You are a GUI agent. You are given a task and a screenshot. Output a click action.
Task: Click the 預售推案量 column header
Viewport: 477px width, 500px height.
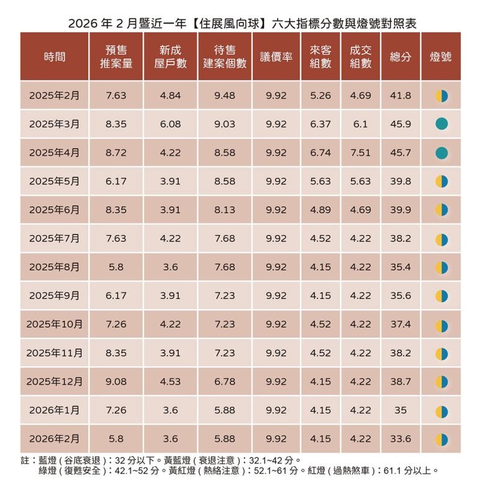tap(116, 57)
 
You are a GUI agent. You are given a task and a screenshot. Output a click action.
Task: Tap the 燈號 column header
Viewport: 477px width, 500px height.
tap(441, 57)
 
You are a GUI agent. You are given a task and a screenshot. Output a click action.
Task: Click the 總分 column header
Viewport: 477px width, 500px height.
tap(401, 57)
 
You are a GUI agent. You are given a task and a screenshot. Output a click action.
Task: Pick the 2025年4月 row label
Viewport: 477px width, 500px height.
tap(55, 152)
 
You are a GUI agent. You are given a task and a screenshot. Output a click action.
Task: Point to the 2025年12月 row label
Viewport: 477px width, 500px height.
tap(55, 381)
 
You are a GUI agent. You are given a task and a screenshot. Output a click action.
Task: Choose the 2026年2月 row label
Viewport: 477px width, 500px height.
tap(55, 438)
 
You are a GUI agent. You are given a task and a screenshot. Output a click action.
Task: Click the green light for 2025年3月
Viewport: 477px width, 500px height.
tap(442, 124)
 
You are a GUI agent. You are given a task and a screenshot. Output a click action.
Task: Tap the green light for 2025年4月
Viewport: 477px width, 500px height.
tap(442, 152)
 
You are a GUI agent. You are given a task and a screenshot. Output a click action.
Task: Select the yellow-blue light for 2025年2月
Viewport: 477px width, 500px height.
tap(442, 95)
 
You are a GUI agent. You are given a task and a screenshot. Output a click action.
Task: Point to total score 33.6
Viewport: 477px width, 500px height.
tap(401, 438)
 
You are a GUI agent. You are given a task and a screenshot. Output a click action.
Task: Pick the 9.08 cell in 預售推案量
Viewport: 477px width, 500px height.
tap(116, 381)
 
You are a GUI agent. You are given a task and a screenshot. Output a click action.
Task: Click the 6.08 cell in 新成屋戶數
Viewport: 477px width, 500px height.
tap(170, 124)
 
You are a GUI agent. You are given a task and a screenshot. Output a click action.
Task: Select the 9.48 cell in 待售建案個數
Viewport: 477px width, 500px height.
tap(224, 95)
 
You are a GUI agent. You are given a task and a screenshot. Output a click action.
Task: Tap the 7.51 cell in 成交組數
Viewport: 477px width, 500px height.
tap(360, 152)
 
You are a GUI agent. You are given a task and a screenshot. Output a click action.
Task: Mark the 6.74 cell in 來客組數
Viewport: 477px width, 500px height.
tap(320, 152)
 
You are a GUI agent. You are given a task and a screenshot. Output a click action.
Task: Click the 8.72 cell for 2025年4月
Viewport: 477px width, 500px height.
tap(116, 152)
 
